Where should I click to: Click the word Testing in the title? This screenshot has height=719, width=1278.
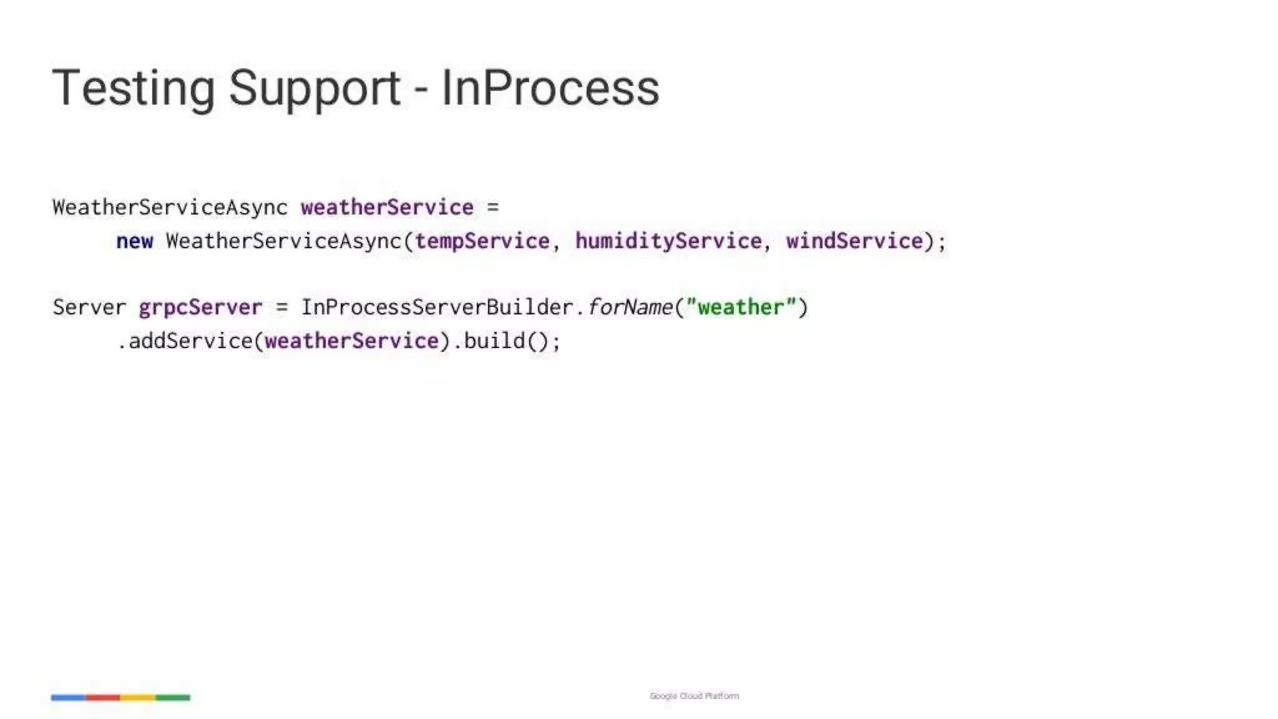pos(133,89)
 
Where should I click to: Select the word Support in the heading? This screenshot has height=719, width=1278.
pos(314,89)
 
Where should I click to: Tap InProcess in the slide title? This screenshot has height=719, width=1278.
pos(550,89)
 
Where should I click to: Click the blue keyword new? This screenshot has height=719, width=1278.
pos(135,242)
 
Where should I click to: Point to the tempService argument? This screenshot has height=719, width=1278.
pos(482,242)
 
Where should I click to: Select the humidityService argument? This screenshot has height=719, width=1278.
pos(668,242)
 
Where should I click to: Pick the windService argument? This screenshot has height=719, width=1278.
pos(854,242)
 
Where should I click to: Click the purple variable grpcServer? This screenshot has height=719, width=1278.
pos(200,308)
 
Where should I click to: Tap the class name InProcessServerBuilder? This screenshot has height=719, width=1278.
pos(437,308)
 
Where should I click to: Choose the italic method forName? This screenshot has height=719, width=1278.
pos(630,308)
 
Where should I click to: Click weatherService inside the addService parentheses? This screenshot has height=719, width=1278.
pos(351,341)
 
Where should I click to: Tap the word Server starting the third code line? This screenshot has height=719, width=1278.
pos(89,308)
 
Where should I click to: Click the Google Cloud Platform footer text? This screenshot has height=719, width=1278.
pos(694,696)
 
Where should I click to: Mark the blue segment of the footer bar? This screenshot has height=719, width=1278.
pos(68,698)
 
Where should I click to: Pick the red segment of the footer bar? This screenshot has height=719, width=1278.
pos(103,698)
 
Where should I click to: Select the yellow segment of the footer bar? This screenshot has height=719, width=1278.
pos(138,698)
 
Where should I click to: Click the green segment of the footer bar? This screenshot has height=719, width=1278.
pos(173,698)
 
